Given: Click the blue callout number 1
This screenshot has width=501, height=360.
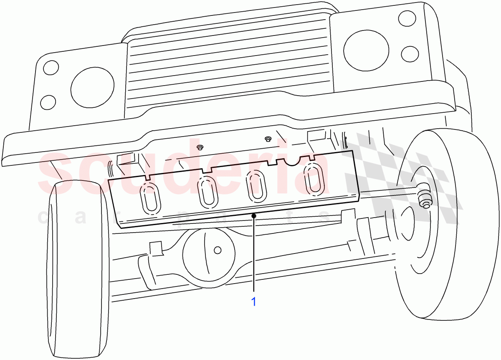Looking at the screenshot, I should pos(253,301).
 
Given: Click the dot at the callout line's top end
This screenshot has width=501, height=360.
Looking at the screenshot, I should pos(254,215).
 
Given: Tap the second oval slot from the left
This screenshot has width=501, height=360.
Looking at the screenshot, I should pos(207,192).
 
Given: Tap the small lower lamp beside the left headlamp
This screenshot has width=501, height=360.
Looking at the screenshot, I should pos(48,101).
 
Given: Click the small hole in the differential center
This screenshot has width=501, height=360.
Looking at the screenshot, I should pos(217,250).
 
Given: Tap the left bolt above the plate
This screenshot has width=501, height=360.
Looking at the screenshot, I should pos(200,147).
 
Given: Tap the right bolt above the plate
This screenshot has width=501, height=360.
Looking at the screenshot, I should pos(268,139).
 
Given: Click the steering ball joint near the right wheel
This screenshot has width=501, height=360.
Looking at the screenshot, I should pos(425,200).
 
